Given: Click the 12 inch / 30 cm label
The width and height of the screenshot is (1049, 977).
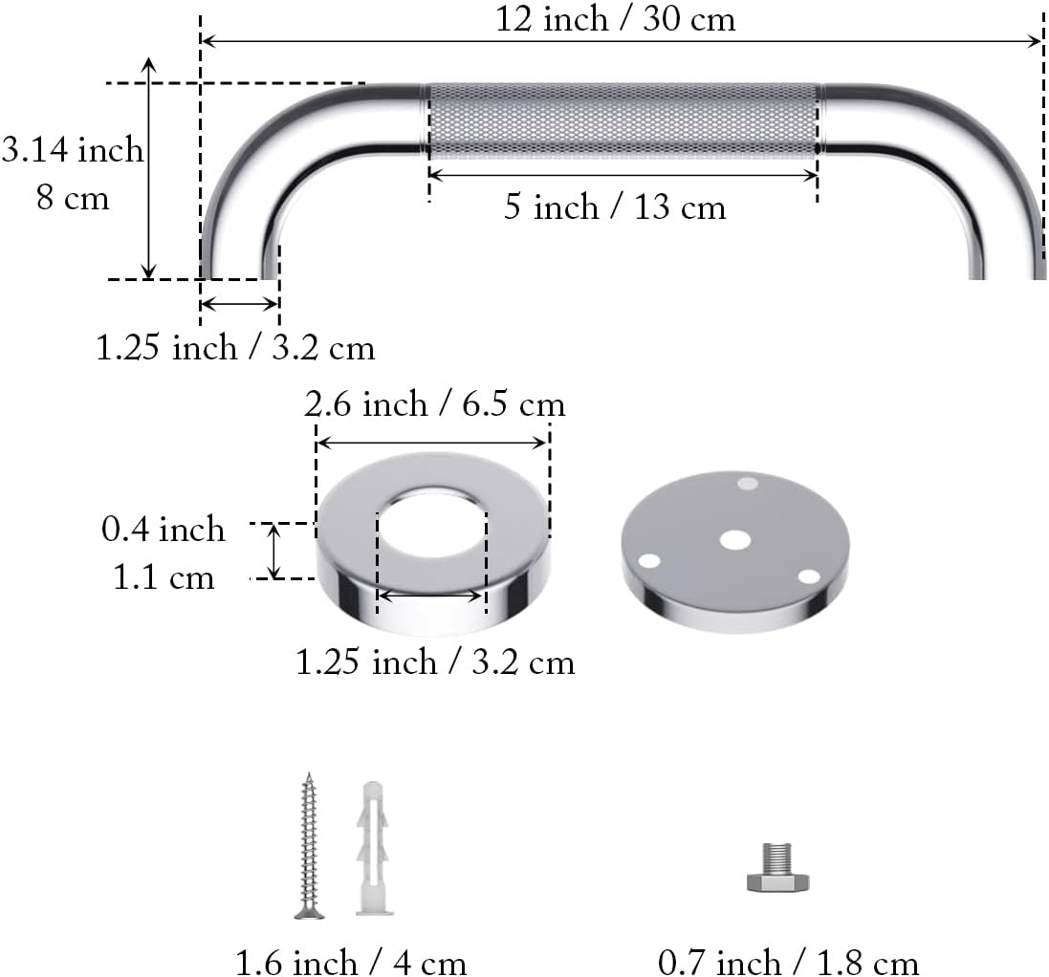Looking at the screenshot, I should pos(615,19).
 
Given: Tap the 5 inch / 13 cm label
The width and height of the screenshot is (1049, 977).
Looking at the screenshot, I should pos(615,207).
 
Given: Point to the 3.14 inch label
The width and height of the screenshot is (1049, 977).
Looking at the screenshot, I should pos(73,150).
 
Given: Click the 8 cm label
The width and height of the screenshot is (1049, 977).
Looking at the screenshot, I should pos(73,199).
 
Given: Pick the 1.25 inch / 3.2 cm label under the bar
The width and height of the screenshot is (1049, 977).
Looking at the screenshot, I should pos(235,347).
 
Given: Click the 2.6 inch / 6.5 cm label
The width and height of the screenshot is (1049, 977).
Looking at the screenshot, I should pos(435,404).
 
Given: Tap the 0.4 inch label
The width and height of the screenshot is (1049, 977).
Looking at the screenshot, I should pos(164,529).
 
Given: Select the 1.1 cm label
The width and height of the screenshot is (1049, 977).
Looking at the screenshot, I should pos(164,577).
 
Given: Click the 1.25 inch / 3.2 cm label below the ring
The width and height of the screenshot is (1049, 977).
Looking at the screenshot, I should pos(435,662).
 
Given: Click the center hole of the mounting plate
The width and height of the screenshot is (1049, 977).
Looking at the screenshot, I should pos(734,539).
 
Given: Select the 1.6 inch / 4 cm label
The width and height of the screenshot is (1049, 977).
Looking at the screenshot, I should pos(351,961).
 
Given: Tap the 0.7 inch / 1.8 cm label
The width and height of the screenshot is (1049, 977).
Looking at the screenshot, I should pos(788,961).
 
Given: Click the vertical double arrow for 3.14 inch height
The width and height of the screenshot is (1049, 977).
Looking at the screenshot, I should pos(148,168).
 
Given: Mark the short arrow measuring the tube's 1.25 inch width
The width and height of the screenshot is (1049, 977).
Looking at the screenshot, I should pos(239,304).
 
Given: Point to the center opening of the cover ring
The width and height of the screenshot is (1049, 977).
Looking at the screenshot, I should pos(432,526).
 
